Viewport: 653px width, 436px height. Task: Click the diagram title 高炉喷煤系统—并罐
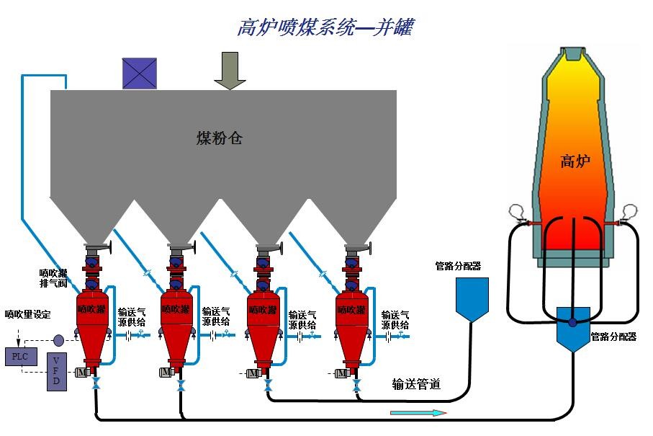tap(325, 27)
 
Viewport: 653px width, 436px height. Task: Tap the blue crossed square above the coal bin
tap(139, 73)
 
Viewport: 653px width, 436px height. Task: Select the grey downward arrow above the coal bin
tap(230, 70)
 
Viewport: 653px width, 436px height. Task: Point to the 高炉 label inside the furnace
tap(575, 161)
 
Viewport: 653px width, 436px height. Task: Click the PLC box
tap(17, 356)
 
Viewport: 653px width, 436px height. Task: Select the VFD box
tap(57, 372)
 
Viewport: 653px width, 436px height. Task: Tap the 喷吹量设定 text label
tap(28, 314)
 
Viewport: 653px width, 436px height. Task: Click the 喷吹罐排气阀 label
tap(53, 278)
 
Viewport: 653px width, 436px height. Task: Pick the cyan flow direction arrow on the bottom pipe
tap(418, 413)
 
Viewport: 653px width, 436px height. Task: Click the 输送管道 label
tap(415, 384)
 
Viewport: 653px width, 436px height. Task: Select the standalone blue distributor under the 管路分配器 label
tap(472, 298)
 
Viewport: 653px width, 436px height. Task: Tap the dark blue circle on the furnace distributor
tap(572, 322)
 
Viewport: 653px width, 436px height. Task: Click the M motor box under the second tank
tap(166, 372)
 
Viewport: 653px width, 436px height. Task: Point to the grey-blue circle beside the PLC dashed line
tap(58, 339)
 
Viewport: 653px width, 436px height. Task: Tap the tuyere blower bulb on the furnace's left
tap(515, 212)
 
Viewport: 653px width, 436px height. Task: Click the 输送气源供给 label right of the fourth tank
tap(395, 320)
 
